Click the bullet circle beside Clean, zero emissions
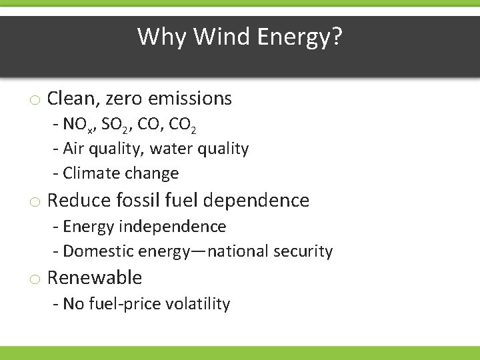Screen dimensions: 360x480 (34, 101)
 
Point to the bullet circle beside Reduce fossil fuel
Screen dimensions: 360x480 (34, 201)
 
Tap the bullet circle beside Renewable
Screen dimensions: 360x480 (34, 279)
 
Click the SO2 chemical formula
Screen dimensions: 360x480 (117, 125)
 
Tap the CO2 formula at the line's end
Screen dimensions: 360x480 (182, 125)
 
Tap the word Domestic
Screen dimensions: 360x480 (99, 251)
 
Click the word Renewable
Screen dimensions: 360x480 (95, 277)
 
